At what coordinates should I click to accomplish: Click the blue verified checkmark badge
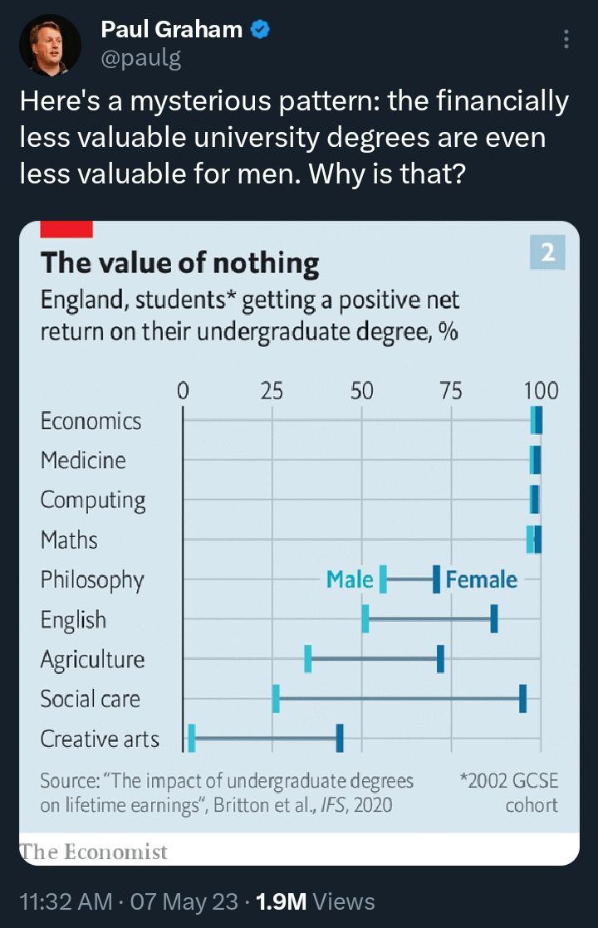[x=260, y=31]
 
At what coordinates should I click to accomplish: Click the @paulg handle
[x=140, y=58]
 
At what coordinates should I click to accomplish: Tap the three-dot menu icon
[x=566, y=39]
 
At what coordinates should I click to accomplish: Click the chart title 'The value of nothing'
[x=179, y=263]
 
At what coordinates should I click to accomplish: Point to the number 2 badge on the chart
[x=547, y=253]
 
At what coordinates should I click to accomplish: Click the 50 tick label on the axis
[x=361, y=390]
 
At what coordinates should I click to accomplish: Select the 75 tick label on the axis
[x=451, y=390]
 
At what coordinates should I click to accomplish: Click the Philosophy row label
[x=92, y=579]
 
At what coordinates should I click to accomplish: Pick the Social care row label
[x=91, y=699]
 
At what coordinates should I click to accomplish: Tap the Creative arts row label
[x=100, y=738]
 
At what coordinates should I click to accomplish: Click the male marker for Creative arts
[x=192, y=738]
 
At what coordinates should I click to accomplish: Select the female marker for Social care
[x=522, y=699]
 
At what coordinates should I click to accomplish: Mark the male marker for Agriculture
[x=308, y=659]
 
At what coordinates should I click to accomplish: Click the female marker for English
[x=494, y=619]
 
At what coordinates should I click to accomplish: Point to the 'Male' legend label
[x=350, y=579]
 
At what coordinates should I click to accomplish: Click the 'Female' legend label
[x=482, y=579]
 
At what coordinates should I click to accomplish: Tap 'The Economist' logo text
[x=93, y=852]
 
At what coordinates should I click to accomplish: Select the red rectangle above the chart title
[x=66, y=229]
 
